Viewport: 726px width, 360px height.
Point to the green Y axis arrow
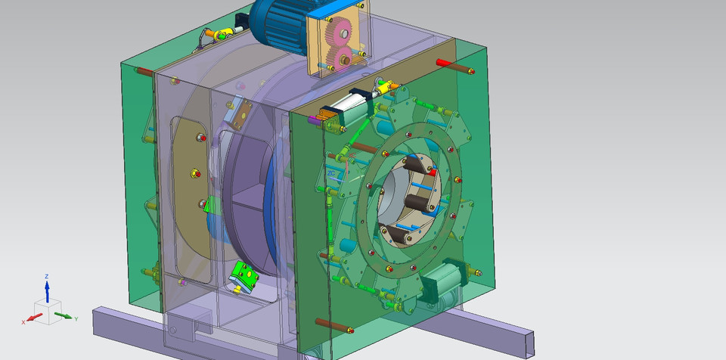coord(64,315)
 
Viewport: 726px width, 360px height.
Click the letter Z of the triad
coord(47,277)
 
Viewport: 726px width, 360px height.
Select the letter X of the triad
coord(24,322)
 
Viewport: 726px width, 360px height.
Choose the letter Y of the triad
coord(76,319)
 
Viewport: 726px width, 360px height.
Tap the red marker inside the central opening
coord(432,172)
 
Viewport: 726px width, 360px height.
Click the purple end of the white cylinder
coord(312,119)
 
